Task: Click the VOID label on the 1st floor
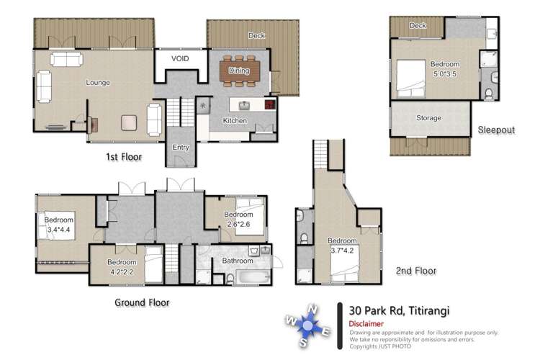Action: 180,58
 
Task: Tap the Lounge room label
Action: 98,82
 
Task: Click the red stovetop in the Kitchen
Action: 270,104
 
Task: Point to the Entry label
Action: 181,148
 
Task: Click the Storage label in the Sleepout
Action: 429,117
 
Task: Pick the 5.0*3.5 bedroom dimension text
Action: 444,73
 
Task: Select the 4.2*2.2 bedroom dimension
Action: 122,271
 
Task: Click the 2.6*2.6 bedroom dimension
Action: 238,223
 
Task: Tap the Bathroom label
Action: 237,261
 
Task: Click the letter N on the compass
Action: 312,310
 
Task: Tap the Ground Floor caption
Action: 142,302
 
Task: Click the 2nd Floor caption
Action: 415,271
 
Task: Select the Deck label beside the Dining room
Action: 256,35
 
